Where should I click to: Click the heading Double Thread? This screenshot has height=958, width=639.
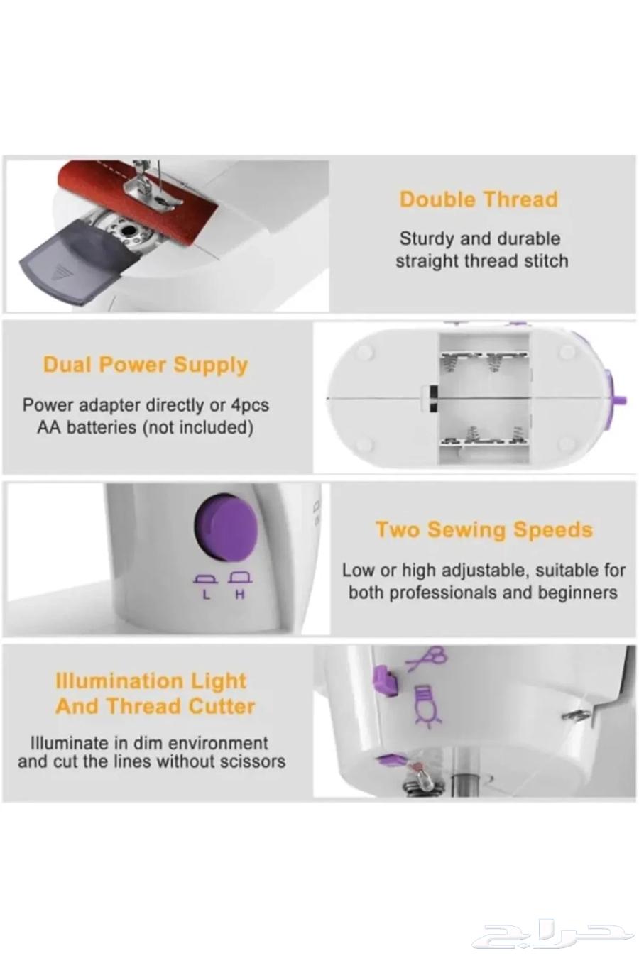point(479,199)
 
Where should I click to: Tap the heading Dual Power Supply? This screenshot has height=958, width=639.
point(146,365)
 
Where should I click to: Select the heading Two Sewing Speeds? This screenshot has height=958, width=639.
point(484,529)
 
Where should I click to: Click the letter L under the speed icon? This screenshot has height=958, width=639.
point(207,595)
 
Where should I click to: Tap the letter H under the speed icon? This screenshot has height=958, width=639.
point(240,595)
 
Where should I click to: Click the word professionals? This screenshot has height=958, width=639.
point(432,593)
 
